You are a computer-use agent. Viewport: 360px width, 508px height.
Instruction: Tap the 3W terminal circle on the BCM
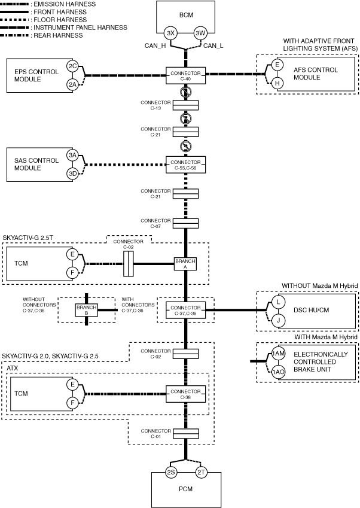coord(200,33)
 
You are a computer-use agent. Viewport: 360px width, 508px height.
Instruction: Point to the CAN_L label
coord(213,45)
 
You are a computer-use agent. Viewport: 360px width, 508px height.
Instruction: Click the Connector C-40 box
coord(185,75)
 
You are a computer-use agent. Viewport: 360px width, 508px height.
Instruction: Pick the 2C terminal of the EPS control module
coord(72,66)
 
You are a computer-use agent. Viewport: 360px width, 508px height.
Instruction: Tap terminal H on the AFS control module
coord(277,84)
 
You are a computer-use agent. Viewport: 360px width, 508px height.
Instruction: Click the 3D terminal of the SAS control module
coord(72,174)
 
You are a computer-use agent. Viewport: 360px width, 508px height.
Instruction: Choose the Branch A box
coord(185,264)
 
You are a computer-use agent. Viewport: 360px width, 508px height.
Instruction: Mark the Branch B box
coord(86,310)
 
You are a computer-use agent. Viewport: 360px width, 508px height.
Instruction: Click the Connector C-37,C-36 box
coord(185,310)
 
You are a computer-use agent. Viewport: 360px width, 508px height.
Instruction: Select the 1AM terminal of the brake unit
coord(277,354)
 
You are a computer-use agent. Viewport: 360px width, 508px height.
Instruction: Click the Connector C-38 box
coord(185,393)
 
